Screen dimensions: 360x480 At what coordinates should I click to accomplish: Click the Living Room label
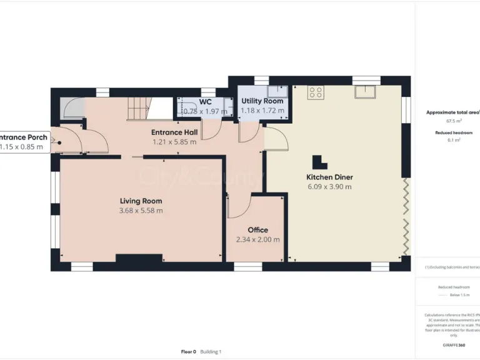[x=141, y=201]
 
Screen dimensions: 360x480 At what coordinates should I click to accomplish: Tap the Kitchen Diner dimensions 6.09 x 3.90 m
[x=329, y=186]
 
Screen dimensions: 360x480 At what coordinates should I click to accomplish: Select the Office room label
[x=257, y=230]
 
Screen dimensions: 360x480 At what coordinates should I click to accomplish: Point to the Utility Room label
[x=262, y=101]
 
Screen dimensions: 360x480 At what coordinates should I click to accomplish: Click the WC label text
[x=206, y=102]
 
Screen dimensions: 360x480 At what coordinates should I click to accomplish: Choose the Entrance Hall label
[x=174, y=132]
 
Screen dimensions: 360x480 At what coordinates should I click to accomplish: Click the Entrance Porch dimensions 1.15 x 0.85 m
[x=22, y=147]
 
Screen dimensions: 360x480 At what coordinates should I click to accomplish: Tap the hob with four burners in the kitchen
[x=316, y=92]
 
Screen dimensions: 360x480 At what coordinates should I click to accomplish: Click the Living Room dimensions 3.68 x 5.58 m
[x=141, y=211]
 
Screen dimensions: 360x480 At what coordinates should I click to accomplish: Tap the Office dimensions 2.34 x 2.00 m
[x=257, y=239]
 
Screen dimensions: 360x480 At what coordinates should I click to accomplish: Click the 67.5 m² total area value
[x=453, y=121]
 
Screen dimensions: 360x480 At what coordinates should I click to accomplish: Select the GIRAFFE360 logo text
[x=453, y=345]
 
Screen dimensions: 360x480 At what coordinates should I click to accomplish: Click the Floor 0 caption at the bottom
[x=188, y=352]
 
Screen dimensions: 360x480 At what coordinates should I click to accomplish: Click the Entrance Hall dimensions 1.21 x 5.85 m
[x=174, y=142]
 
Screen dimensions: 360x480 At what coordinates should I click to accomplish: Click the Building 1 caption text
[x=211, y=352]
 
